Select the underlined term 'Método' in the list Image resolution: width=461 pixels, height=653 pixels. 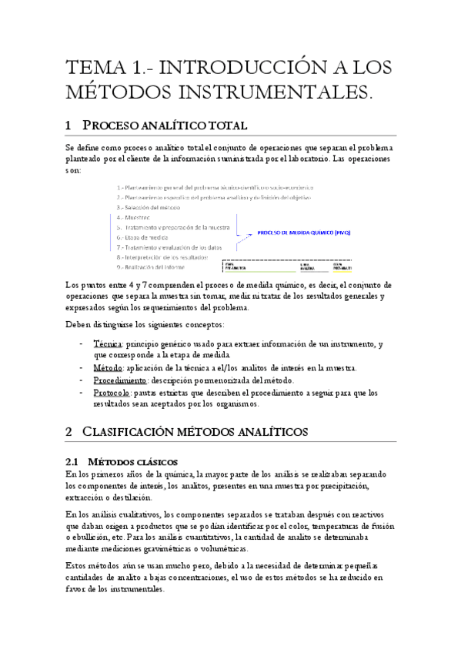click(109, 367)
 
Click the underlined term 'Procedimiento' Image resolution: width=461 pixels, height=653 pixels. click(119, 380)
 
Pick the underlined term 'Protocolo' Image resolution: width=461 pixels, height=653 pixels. click(112, 392)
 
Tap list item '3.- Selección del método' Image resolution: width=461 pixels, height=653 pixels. click(148, 207)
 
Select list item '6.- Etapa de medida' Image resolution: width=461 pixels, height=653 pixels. click(143, 237)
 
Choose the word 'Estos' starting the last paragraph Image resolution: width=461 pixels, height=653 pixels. click(79, 565)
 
